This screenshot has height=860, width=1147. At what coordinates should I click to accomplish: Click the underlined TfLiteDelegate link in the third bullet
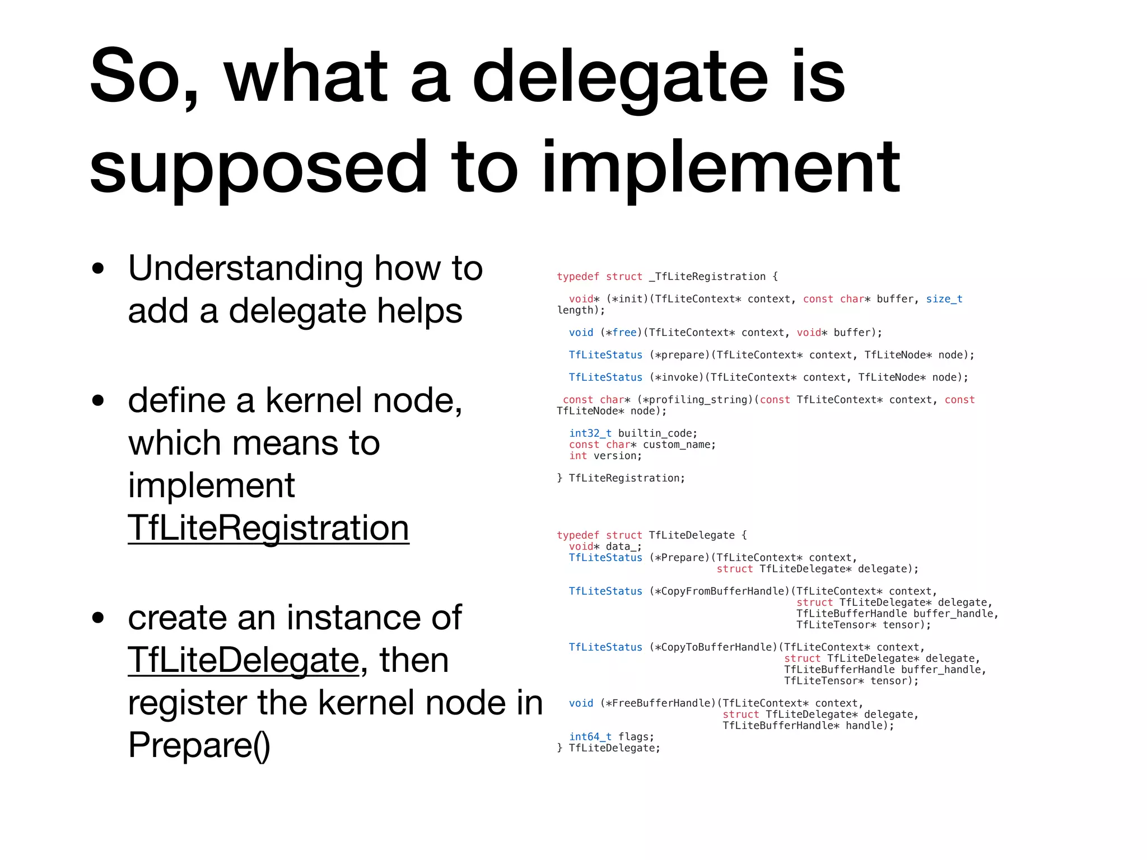coord(244,660)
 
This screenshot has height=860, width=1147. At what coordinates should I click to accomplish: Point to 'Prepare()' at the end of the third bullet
coord(199,745)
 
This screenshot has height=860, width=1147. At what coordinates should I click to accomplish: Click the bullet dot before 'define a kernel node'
coord(99,401)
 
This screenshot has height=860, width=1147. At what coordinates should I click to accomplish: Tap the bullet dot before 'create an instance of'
coord(99,618)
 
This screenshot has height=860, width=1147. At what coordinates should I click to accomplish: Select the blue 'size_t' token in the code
coord(944,299)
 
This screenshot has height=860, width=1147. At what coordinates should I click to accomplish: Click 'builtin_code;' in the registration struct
coord(658,433)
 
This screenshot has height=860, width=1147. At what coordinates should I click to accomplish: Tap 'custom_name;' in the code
coord(679,445)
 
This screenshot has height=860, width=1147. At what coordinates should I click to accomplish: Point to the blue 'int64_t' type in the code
coord(590,737)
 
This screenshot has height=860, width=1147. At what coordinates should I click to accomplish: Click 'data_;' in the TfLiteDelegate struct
coord(623,546)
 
